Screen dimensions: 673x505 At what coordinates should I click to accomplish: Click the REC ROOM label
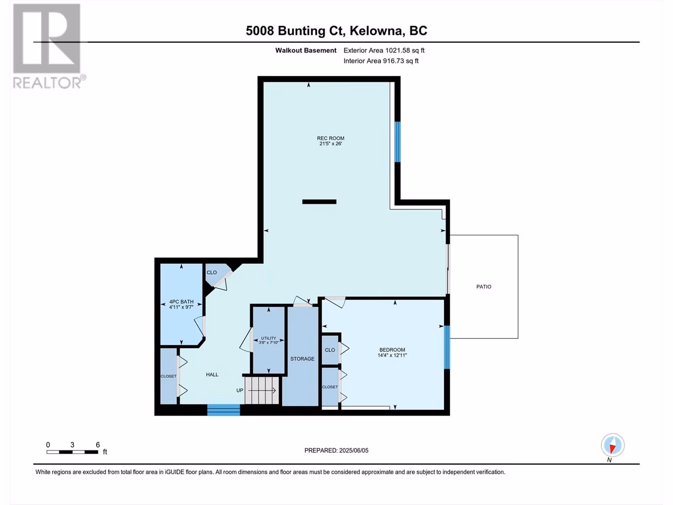[331, 138]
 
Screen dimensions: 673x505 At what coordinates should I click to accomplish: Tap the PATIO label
[484, 287]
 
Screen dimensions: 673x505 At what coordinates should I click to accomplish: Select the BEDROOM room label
[392, 350]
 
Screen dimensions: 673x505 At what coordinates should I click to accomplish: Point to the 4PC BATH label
[182, 302]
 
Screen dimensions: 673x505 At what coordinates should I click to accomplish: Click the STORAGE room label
[302, 359]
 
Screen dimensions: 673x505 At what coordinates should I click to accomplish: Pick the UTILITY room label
[269, 338]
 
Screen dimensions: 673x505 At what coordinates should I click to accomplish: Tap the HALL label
[212, 375]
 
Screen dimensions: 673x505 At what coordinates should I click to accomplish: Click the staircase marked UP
[262, 391]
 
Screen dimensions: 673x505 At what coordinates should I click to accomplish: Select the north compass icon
[612, 445]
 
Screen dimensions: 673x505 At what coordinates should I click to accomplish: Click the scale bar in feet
[72, 452]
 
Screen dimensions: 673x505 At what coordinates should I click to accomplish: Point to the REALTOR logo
[49, 46]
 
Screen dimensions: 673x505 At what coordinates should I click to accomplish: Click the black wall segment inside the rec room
[319, 202]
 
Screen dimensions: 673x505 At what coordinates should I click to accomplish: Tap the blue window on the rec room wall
[397, 142]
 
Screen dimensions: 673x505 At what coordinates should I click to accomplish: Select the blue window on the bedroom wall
[447, 347]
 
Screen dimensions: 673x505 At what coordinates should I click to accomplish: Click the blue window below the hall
[223, 410]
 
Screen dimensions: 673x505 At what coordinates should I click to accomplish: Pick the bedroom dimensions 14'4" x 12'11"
[392, 355]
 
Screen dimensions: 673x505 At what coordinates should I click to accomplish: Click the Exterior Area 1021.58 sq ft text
[384, 50]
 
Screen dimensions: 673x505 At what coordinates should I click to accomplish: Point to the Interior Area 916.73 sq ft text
[381, 61]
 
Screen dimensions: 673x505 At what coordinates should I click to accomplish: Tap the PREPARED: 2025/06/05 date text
[336, 450]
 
